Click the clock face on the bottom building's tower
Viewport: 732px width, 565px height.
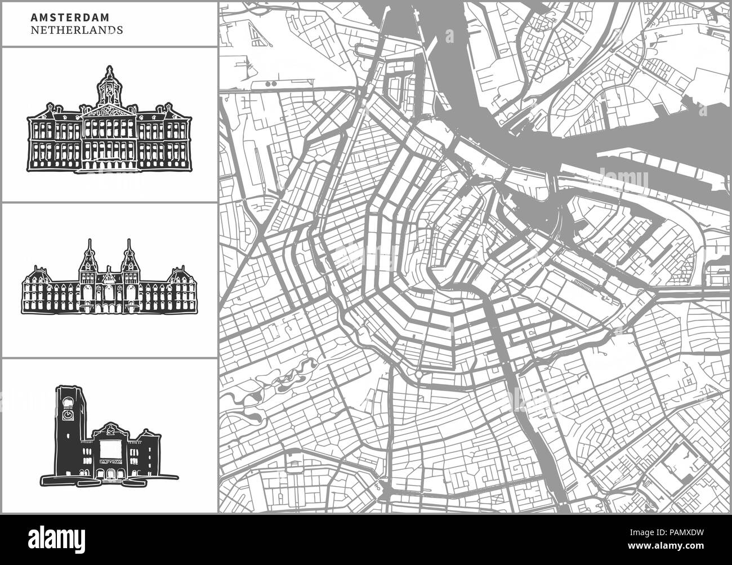[68, 414]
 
